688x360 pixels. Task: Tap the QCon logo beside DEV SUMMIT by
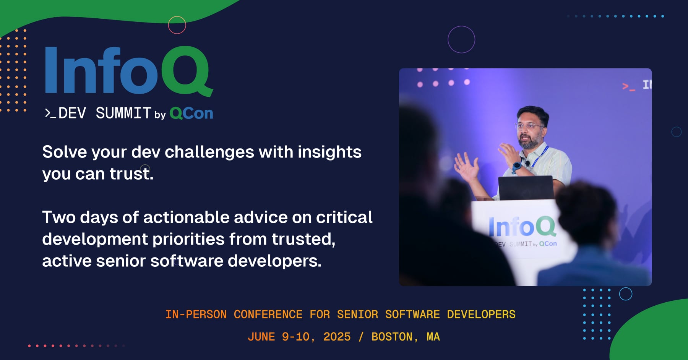[x=191, y=114]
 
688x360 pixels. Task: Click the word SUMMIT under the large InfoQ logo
[x=123, y=113]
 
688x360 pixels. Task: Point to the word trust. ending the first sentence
[x=131, y=174]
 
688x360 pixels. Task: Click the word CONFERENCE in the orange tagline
[x=268, y=315]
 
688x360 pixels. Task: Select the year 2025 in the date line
[x=337, y=337]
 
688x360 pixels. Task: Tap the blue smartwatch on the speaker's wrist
[x=517, y=167]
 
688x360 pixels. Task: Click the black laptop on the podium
[x=526, y=188]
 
